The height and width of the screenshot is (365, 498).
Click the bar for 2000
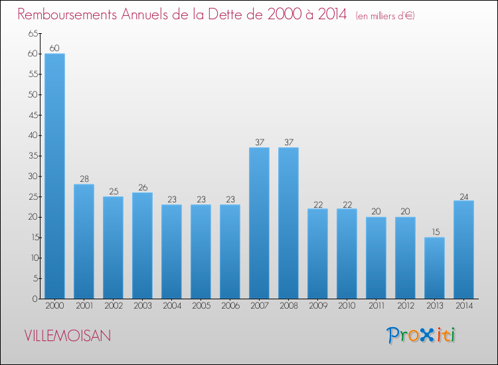pos(54,176)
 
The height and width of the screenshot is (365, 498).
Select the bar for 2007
pos(259,223)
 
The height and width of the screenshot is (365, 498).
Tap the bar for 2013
pos(434,268)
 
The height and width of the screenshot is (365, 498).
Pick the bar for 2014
pos(463,250)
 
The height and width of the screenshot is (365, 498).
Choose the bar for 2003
pos(142,246)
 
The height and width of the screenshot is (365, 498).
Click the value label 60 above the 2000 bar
pos(54,48)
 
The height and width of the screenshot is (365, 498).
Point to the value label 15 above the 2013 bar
pos(434,232)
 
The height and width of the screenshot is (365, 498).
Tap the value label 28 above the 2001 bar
pos(84,179)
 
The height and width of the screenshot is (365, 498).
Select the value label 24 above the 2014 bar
pos(463,196)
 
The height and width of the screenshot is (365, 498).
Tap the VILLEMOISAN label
pos(67,336)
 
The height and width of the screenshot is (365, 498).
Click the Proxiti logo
pos(421,335)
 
